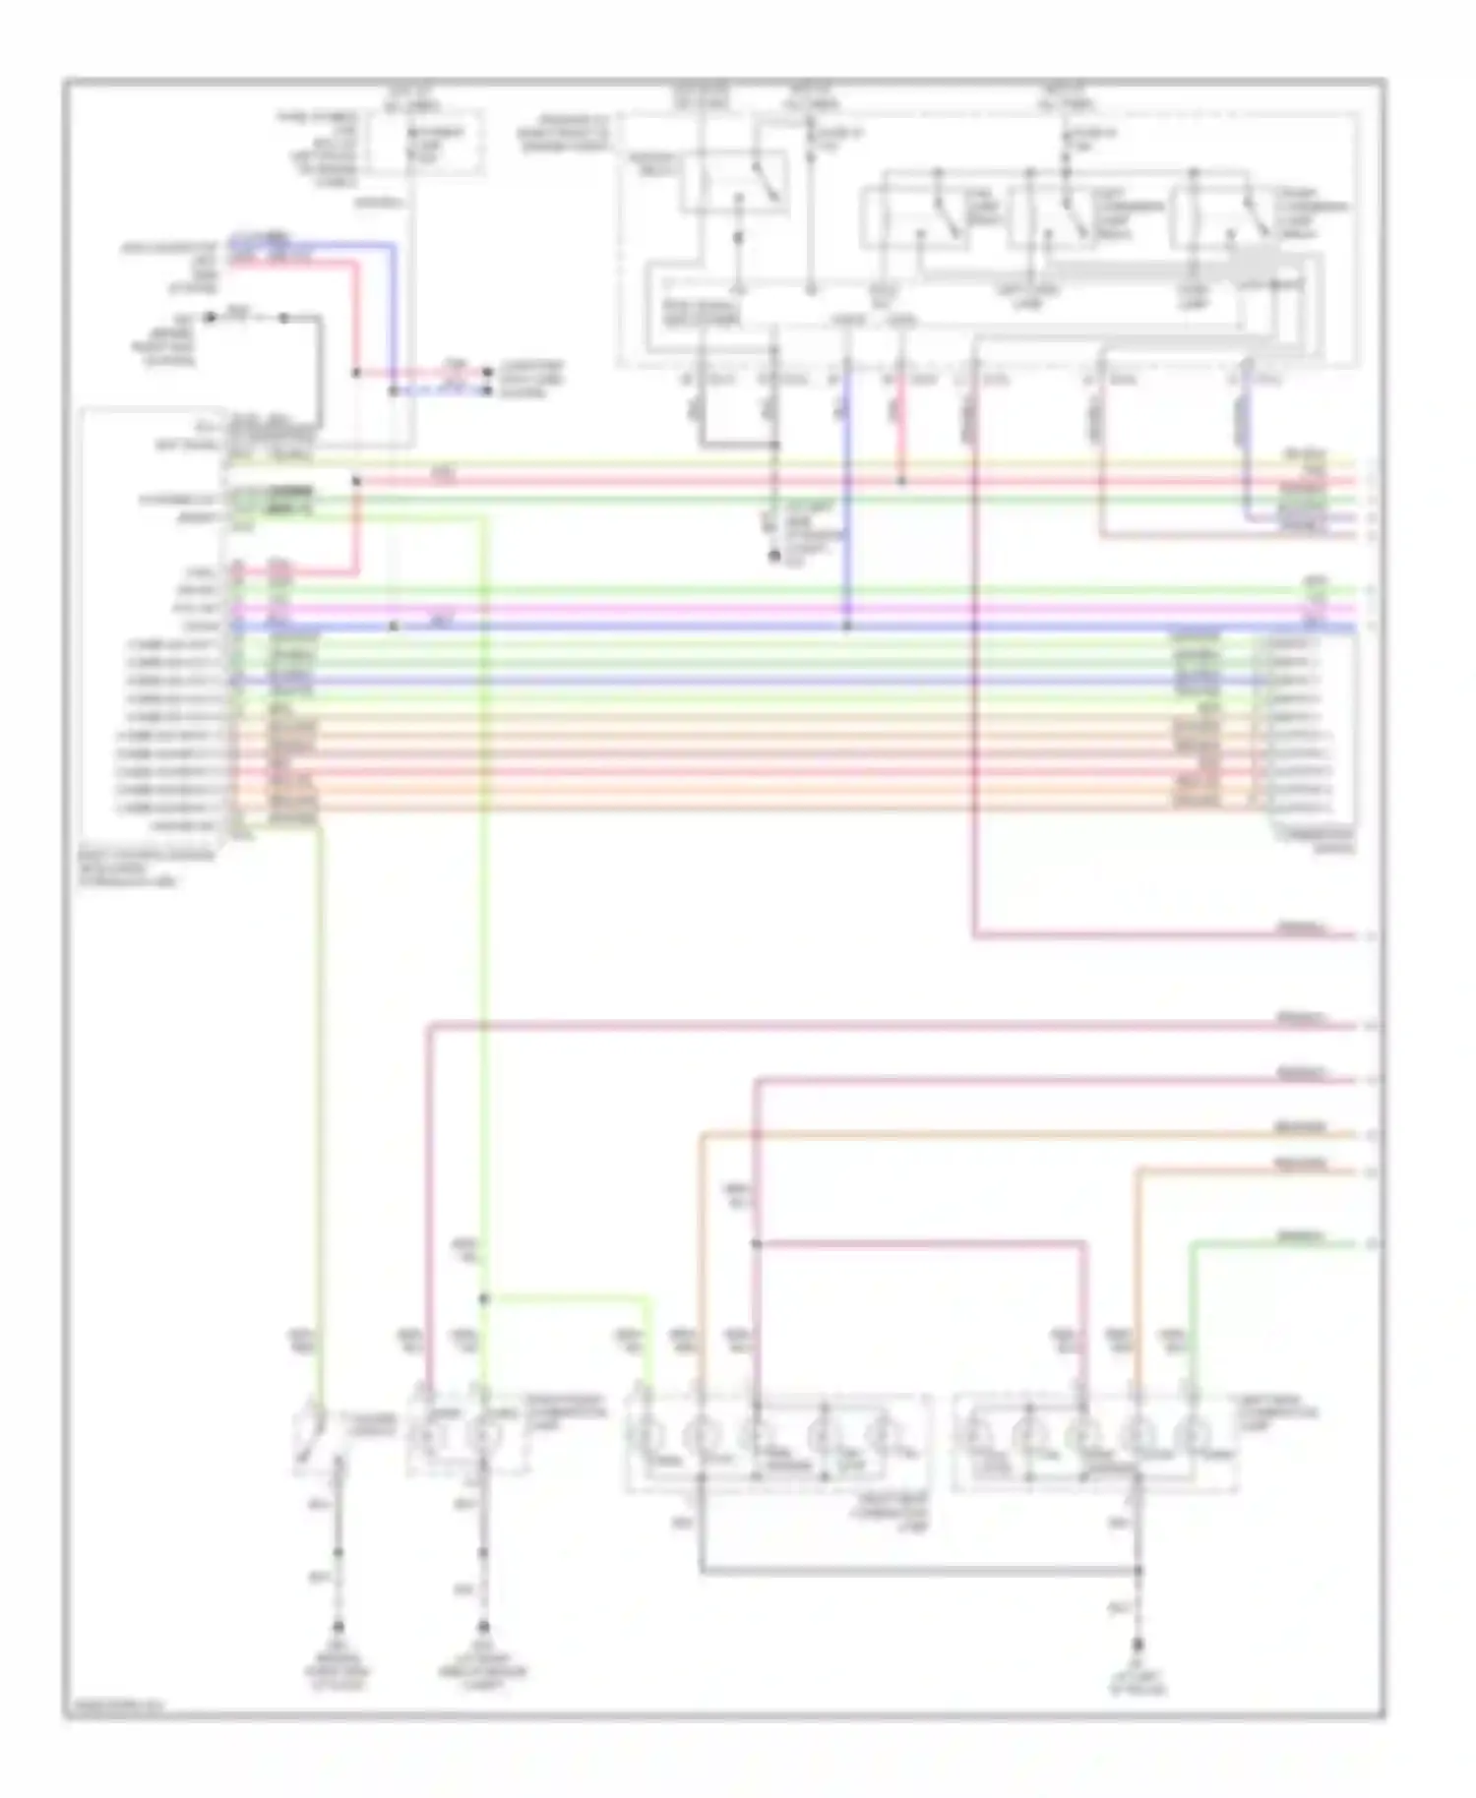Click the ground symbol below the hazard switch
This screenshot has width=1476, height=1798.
pos(338,1628)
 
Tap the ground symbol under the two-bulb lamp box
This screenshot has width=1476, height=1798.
pos(482,1628)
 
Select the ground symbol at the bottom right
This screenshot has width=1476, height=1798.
pos(1138,1645)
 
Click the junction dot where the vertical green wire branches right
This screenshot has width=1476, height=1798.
pos(483,1299)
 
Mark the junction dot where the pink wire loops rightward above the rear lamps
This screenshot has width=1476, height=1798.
pos(756,1244)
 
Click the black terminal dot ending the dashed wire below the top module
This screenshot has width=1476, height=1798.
pos(773,557)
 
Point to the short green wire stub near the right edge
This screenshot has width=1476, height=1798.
pos(1279,1244)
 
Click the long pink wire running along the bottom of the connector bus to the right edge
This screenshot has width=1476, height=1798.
pos(1161,935)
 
